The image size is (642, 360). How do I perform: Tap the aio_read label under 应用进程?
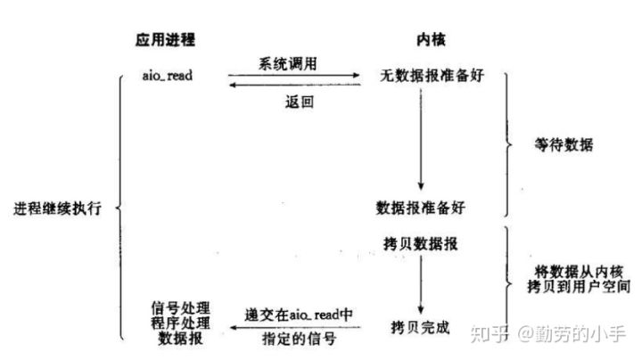pyautogui.click(x=167, y=75)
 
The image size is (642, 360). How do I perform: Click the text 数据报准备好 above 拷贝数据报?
pyautogui.click(x=421, y=207)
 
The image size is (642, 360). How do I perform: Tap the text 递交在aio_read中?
pyautogui.click(x=299, y=315)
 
